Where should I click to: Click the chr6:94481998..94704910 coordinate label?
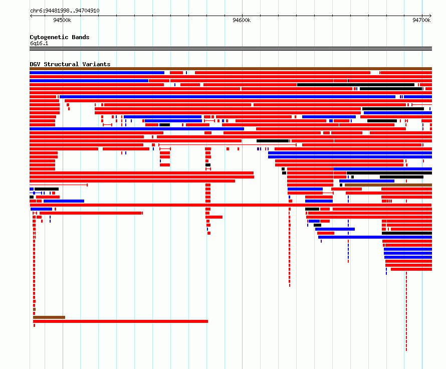click(x=65, y=11)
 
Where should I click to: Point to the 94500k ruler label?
click(x=62, y=20)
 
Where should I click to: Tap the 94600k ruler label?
click(x=242, y=20)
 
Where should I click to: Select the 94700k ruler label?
click(x=421, y=20)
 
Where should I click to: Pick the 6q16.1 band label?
click(x=39, y=43)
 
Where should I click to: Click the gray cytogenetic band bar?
click(x=231, y=49)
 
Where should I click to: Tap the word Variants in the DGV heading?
click(x=96, y=64)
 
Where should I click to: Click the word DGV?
click(x=35, y=64)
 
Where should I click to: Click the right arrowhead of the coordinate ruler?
click(x=430, y=16)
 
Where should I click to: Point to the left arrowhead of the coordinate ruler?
click(x=31, y=16)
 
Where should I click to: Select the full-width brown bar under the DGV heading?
click(x=231, y=69)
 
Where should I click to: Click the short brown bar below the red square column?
click(x=49, y=317)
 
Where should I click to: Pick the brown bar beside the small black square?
click(x=388, y=185)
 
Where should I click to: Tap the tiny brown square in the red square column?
click(x=34, y=309)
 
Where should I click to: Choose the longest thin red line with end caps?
click(x=228, y=145)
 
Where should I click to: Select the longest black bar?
click(x=356, y=85)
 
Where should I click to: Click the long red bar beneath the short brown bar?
click(x=120, y=321)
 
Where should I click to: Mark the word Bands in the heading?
click(x=80, y=37)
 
